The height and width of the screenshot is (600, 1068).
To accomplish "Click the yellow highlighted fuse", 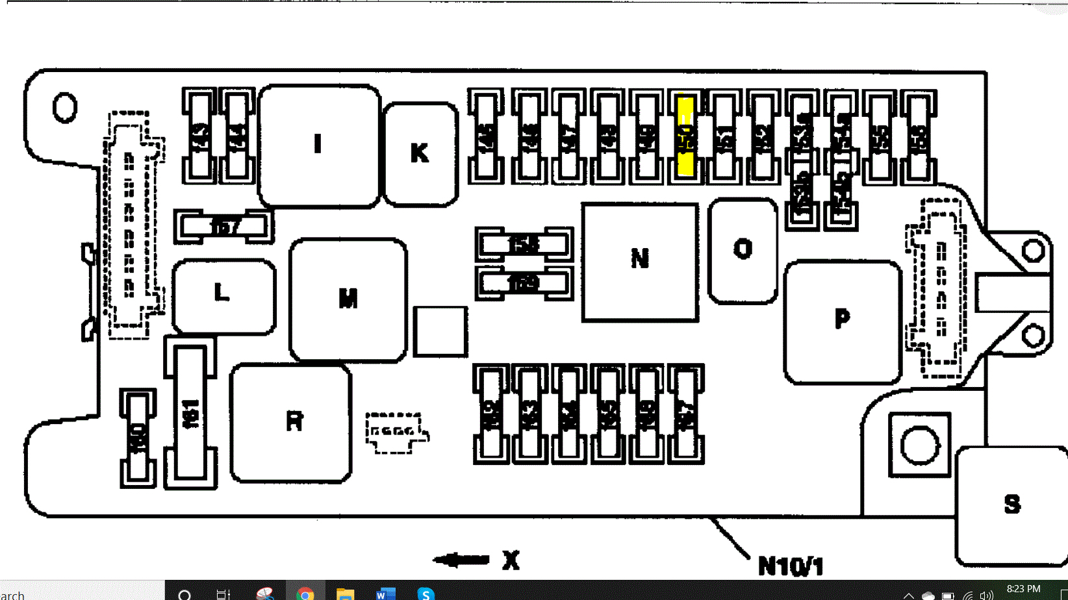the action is point(685,136).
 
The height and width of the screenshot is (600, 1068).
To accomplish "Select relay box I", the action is point(319,145).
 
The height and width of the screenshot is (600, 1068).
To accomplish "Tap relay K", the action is point(420,154).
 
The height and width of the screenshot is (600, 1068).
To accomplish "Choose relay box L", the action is point(223,295).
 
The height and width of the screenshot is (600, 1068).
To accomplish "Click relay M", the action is point(348,299).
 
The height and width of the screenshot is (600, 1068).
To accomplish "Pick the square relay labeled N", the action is point(640,261).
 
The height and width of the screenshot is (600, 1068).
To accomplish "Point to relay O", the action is point(743,250).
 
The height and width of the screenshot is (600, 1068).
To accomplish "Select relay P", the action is point(842,321).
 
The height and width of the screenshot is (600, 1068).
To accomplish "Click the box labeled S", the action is point(1011,505).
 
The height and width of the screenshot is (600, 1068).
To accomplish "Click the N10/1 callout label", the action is point(791,567).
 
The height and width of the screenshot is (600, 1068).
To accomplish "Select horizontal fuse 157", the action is point(223,227).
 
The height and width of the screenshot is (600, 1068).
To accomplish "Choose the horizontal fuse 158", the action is point(524,244).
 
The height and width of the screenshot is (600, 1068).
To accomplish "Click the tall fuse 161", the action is point(190,414).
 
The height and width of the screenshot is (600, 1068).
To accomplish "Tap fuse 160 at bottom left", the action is point(138,438).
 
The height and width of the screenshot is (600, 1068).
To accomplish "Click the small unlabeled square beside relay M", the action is point(440,332).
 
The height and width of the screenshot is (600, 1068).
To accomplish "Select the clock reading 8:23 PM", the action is point(1023,589).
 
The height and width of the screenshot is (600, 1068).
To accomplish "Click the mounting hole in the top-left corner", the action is point(65,108).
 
